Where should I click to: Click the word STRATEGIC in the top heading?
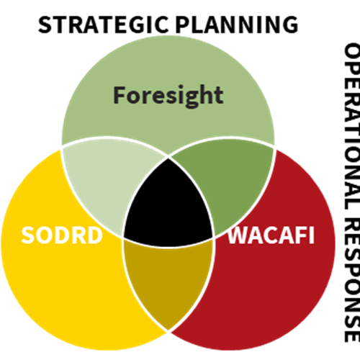103,24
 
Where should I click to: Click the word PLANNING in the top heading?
237,24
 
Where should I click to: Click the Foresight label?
168,96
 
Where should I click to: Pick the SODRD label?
62,235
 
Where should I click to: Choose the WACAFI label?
271,235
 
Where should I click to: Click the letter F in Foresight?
120,95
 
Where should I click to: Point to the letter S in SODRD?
28,235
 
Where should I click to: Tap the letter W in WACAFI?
239,235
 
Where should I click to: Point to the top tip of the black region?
168,159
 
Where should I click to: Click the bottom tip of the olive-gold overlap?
168,330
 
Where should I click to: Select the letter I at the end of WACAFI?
312,235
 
